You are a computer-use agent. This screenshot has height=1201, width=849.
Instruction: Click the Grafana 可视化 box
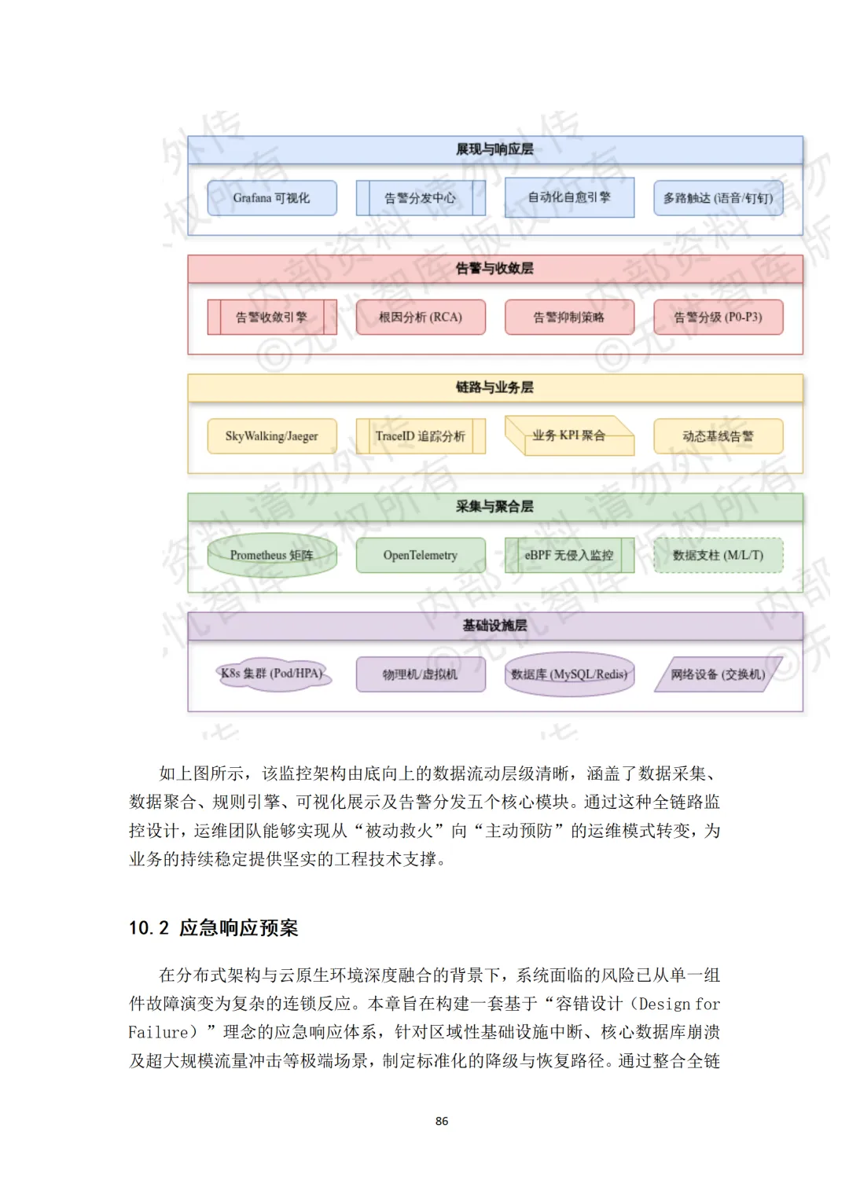coord(272,198)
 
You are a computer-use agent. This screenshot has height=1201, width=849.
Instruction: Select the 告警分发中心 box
coord(421,198)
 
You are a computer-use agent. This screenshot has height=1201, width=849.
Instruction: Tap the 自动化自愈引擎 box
coord(569,197)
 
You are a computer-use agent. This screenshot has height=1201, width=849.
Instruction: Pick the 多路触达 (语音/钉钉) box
coord(719,198)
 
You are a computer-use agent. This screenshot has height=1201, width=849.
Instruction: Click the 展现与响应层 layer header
coord(494,149)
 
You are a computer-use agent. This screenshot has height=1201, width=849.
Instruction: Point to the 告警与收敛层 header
coord(494,269)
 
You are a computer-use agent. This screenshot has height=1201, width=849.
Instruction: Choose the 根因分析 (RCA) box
coord(421,318)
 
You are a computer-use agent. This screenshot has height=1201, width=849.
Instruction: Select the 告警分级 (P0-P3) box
coord(719,318)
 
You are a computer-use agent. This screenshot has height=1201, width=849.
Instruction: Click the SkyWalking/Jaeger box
coord(272,436)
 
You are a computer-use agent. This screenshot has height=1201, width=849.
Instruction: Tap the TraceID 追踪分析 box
coord(421,436)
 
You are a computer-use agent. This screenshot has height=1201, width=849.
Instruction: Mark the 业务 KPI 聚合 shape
coord(569,435)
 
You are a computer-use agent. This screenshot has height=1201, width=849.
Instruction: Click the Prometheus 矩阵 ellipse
coord(272,555)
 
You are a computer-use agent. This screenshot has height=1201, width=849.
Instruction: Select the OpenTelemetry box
coord(421,555)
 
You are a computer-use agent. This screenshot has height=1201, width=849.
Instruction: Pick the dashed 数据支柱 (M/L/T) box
coord(719,555)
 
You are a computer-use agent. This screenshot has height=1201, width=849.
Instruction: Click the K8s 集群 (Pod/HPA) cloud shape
coord(272,674)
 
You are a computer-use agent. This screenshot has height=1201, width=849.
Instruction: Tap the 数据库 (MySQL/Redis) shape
coord(569,674)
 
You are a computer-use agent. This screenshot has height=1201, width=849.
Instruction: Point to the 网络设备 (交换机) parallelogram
coord(719,674)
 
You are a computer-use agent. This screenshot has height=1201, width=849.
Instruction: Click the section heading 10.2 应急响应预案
coord(214,928)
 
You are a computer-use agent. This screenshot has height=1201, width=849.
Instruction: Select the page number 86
coord(442,1121)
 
